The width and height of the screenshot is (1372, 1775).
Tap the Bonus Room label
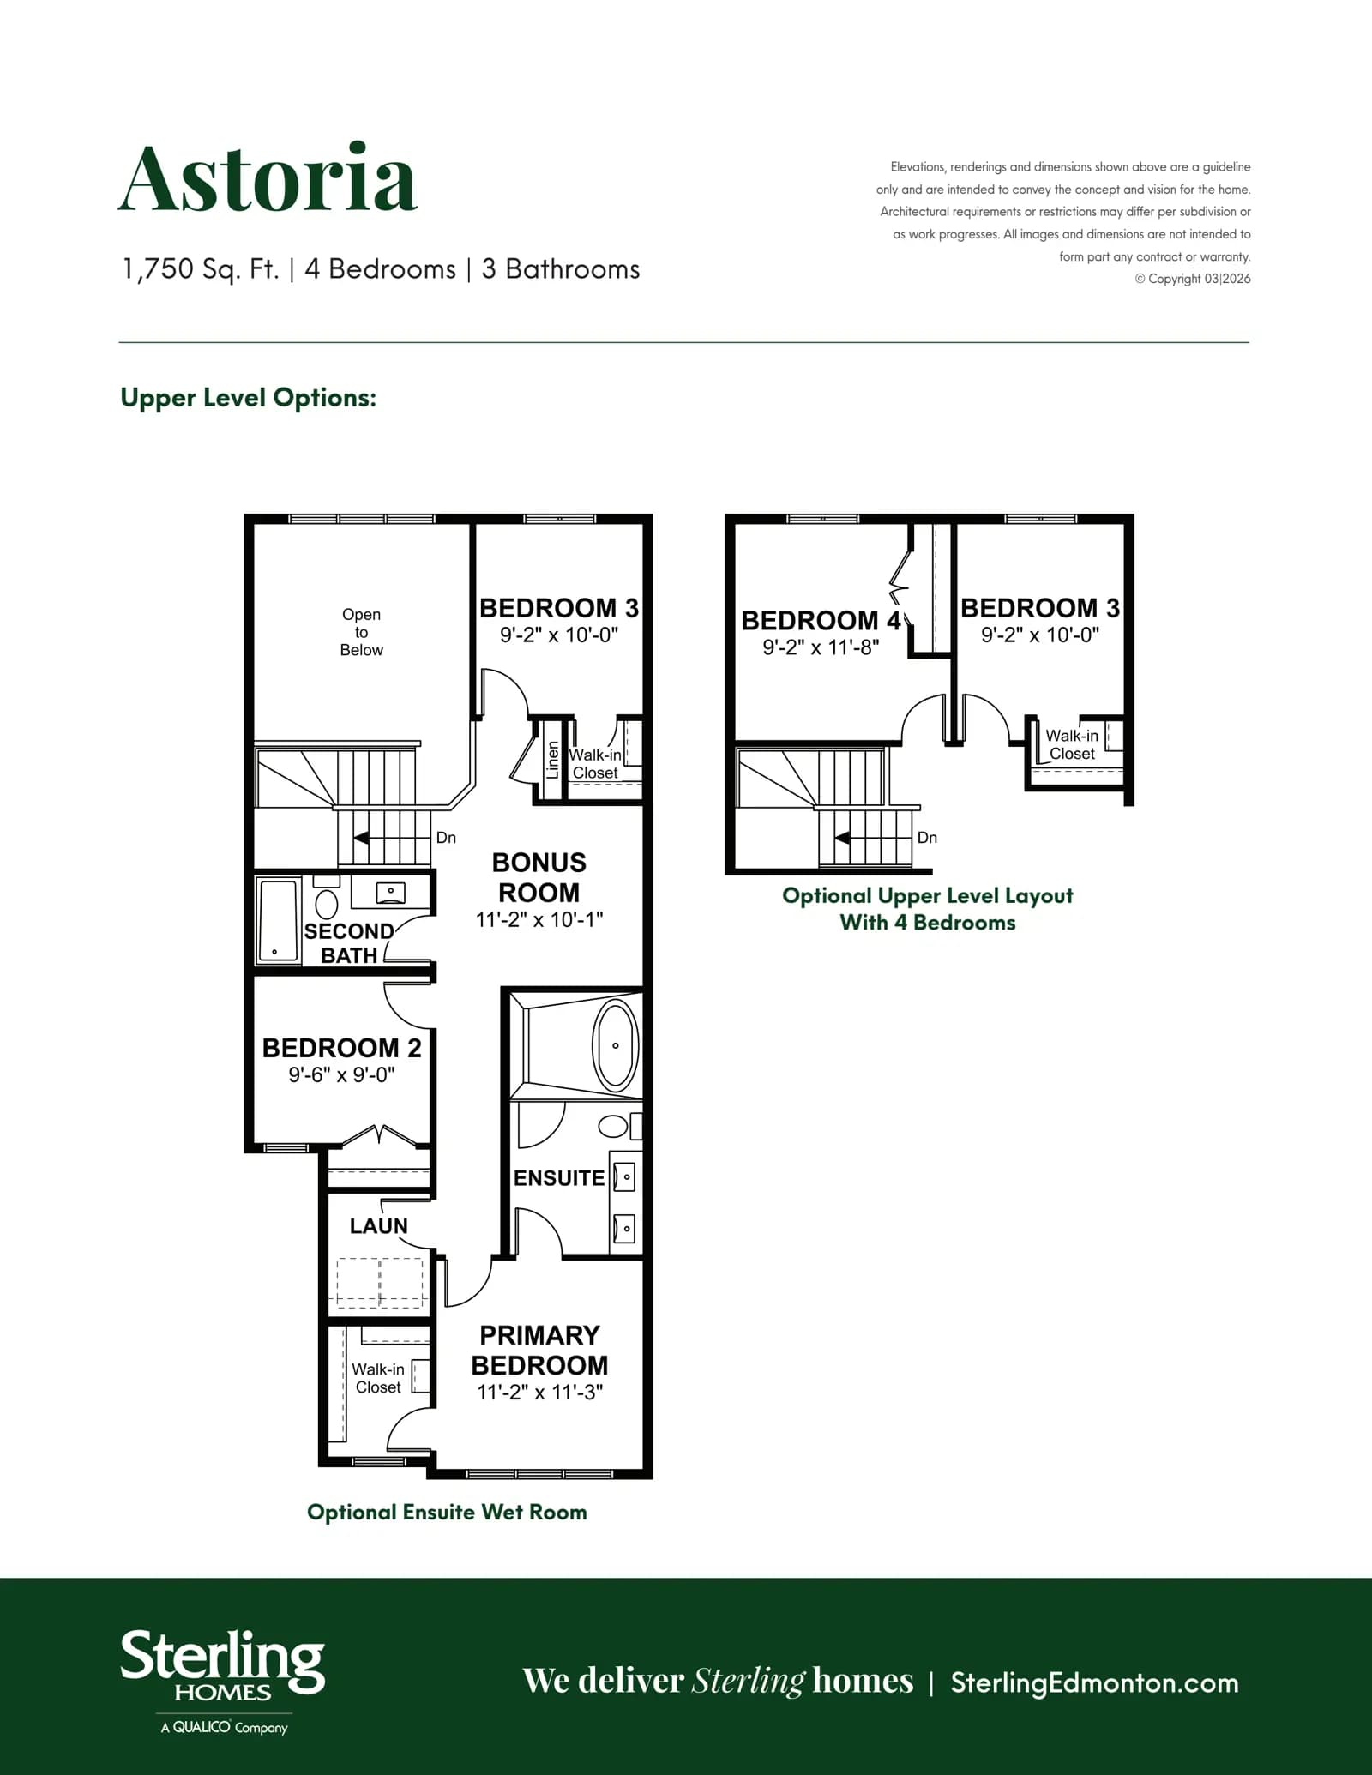point(539,877)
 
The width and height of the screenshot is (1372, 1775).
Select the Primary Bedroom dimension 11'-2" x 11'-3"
point(540,1392)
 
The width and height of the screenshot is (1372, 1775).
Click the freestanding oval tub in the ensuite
point(615,1045)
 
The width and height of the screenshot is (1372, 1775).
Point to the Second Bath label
point(349,943)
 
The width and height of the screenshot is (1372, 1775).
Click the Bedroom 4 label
point(821,620)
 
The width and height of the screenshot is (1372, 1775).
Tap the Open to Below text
point(361,632)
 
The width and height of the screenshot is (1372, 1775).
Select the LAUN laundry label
point(378,1226)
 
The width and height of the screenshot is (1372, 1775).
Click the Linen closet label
point(553,760)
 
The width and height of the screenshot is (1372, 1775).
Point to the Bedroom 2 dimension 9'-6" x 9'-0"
point(341,1074)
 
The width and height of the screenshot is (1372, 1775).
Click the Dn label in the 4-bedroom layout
point(927,838)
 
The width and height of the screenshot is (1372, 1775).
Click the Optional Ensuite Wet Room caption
point(447,1512)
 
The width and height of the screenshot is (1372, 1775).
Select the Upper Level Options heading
point(249,398)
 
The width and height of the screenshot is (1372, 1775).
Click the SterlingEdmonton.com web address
point(1094,1682)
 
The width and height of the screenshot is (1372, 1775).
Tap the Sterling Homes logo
point(223,1682)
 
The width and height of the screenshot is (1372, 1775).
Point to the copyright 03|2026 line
point(1193,279)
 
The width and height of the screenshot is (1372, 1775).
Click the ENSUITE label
point(559,1178)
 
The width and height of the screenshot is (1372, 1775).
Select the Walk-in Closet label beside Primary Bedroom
point(378,1378)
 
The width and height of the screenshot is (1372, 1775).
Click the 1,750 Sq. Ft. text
point(201,269)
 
